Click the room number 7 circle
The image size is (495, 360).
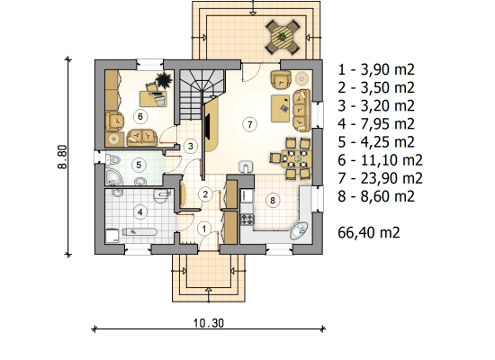pyautogui.click(x=249, y=124)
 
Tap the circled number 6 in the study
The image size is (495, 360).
pyautogui.click(x=139, y=116)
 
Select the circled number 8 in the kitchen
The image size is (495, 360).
pyautogui.click(x=273, y=200)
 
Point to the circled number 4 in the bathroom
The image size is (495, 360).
pyautogui.click(x=139, y=212)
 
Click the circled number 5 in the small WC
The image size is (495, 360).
pyautogui.click(x=139, y=165)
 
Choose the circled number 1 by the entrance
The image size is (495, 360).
pyautogui.click(x=204, y=229)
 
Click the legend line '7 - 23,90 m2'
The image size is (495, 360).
pyautogui.click(x=380, y=178)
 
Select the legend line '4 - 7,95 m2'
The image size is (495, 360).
pyautogui.click(x=376, y=124)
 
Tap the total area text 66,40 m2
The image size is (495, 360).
pyautogui.click(x=369, y=233)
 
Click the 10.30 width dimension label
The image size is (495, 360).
pyautogui.click(x=209, y=323)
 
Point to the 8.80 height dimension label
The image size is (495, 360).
pyautogui.click(x=63, y=157)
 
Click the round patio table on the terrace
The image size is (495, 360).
pyautogui.click(x=283, y=36)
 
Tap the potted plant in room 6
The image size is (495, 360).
pyautogui.click(x=164, y=79)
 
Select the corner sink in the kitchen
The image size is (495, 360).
pyautogui.click(x=299, y=231)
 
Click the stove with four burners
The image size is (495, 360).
pyautogui.click(x=247, y=220)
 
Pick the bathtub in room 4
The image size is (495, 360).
pyautogui.click(x=139, y=232)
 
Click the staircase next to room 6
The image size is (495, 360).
pyautogui.click(x=201, y=94)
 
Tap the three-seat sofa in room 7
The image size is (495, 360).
pyautogui.click(x=301, y=110)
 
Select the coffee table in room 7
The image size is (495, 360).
pyautogui.click(x=280, y=108)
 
